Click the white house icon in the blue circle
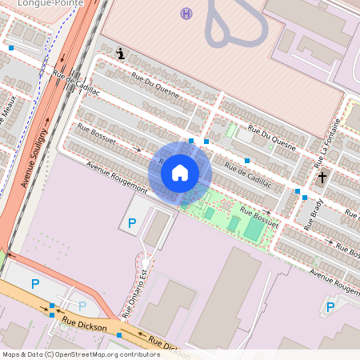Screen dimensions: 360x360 click(x=180, y=172)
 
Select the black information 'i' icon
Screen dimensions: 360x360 click(x=120, y=54)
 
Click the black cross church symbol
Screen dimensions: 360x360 click(x=322, y=177)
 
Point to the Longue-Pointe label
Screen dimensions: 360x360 click(x=51, y=3)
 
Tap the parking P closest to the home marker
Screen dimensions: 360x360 click(x=132, y=222)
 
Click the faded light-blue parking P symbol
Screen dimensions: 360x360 click(x=82, y=306)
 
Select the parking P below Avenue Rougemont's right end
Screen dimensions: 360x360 click(x=330, y=306)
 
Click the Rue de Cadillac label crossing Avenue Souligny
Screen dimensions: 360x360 click(x=76, y=83)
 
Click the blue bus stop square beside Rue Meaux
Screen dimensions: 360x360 click(x=11, y=48)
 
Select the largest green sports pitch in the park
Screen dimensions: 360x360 click(x=253, y=229)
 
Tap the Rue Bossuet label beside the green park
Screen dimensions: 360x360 click(x=259, y=220)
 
